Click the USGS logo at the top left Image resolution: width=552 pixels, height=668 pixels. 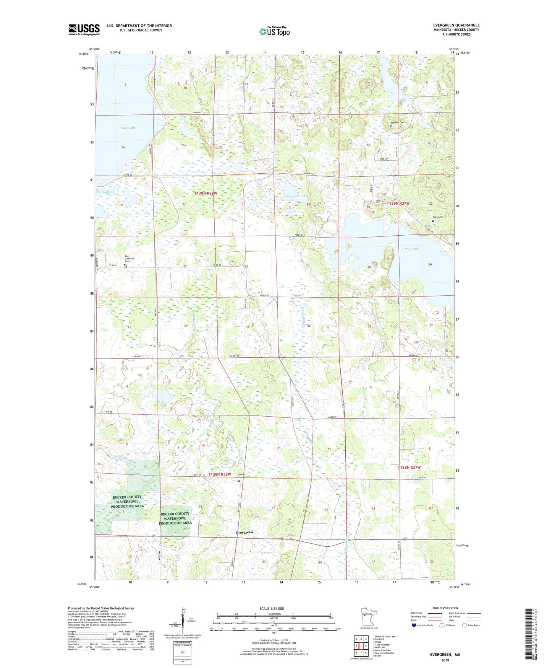click(x=84, y=29)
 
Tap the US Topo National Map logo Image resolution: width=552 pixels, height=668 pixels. click(x=274, y=31)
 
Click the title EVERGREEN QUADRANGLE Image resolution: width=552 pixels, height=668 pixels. click(x=456, y=25)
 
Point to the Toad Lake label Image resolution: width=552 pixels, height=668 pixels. click(x=128, y=128)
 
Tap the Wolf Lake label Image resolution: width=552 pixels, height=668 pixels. click(x=412, y=249)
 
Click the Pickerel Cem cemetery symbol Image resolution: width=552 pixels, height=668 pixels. click(x=391, y=126)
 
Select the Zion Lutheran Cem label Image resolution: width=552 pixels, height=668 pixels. click(x=130, y=259)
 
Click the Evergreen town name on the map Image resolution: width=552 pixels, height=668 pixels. click(x=244, y=533)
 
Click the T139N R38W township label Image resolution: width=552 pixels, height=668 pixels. click(x=206, y=194)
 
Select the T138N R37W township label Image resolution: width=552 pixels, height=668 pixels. click(x=409, y=468)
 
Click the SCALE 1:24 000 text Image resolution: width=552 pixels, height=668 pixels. click(x=272, y=609)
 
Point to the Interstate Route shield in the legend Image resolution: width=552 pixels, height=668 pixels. click(x=414, y=625)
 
